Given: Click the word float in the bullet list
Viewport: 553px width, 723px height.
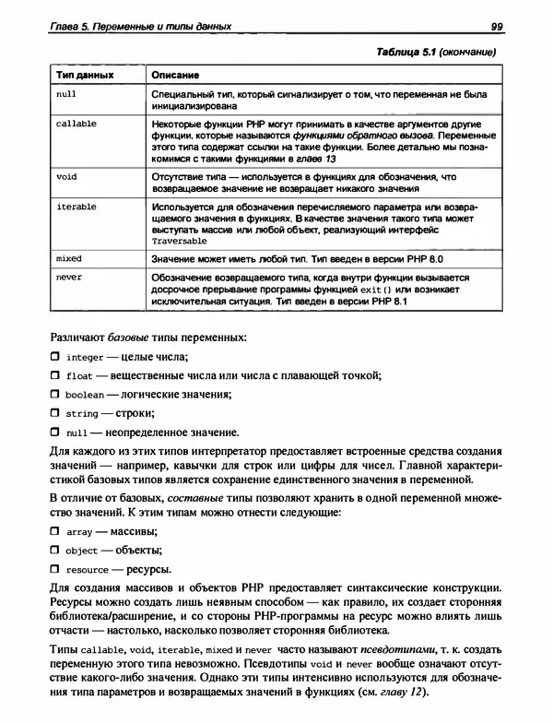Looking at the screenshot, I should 79,376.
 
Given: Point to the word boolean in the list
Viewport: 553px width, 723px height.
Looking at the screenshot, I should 85,395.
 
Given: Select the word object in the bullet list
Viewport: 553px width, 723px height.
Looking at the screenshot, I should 82,551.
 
